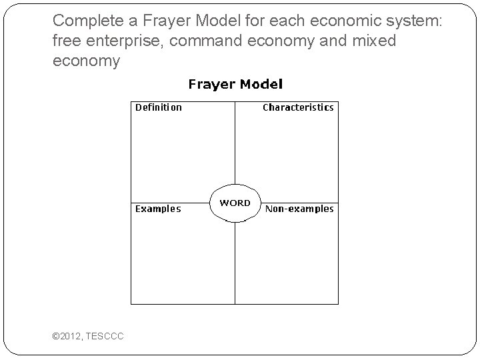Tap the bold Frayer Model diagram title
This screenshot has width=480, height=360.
click(x=235, y=85)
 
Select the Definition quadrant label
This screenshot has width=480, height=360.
click(x=159, y=107)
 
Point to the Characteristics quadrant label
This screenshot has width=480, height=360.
click(x=298, y=107)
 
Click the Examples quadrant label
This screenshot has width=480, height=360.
click(x=158, y=209)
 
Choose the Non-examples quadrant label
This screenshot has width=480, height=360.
click(x=299, y=209)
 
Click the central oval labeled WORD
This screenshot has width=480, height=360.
click(x=235, y=203)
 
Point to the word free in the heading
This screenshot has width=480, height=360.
click(x=65, y=41)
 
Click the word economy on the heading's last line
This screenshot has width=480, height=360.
click(x=86, y=61)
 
